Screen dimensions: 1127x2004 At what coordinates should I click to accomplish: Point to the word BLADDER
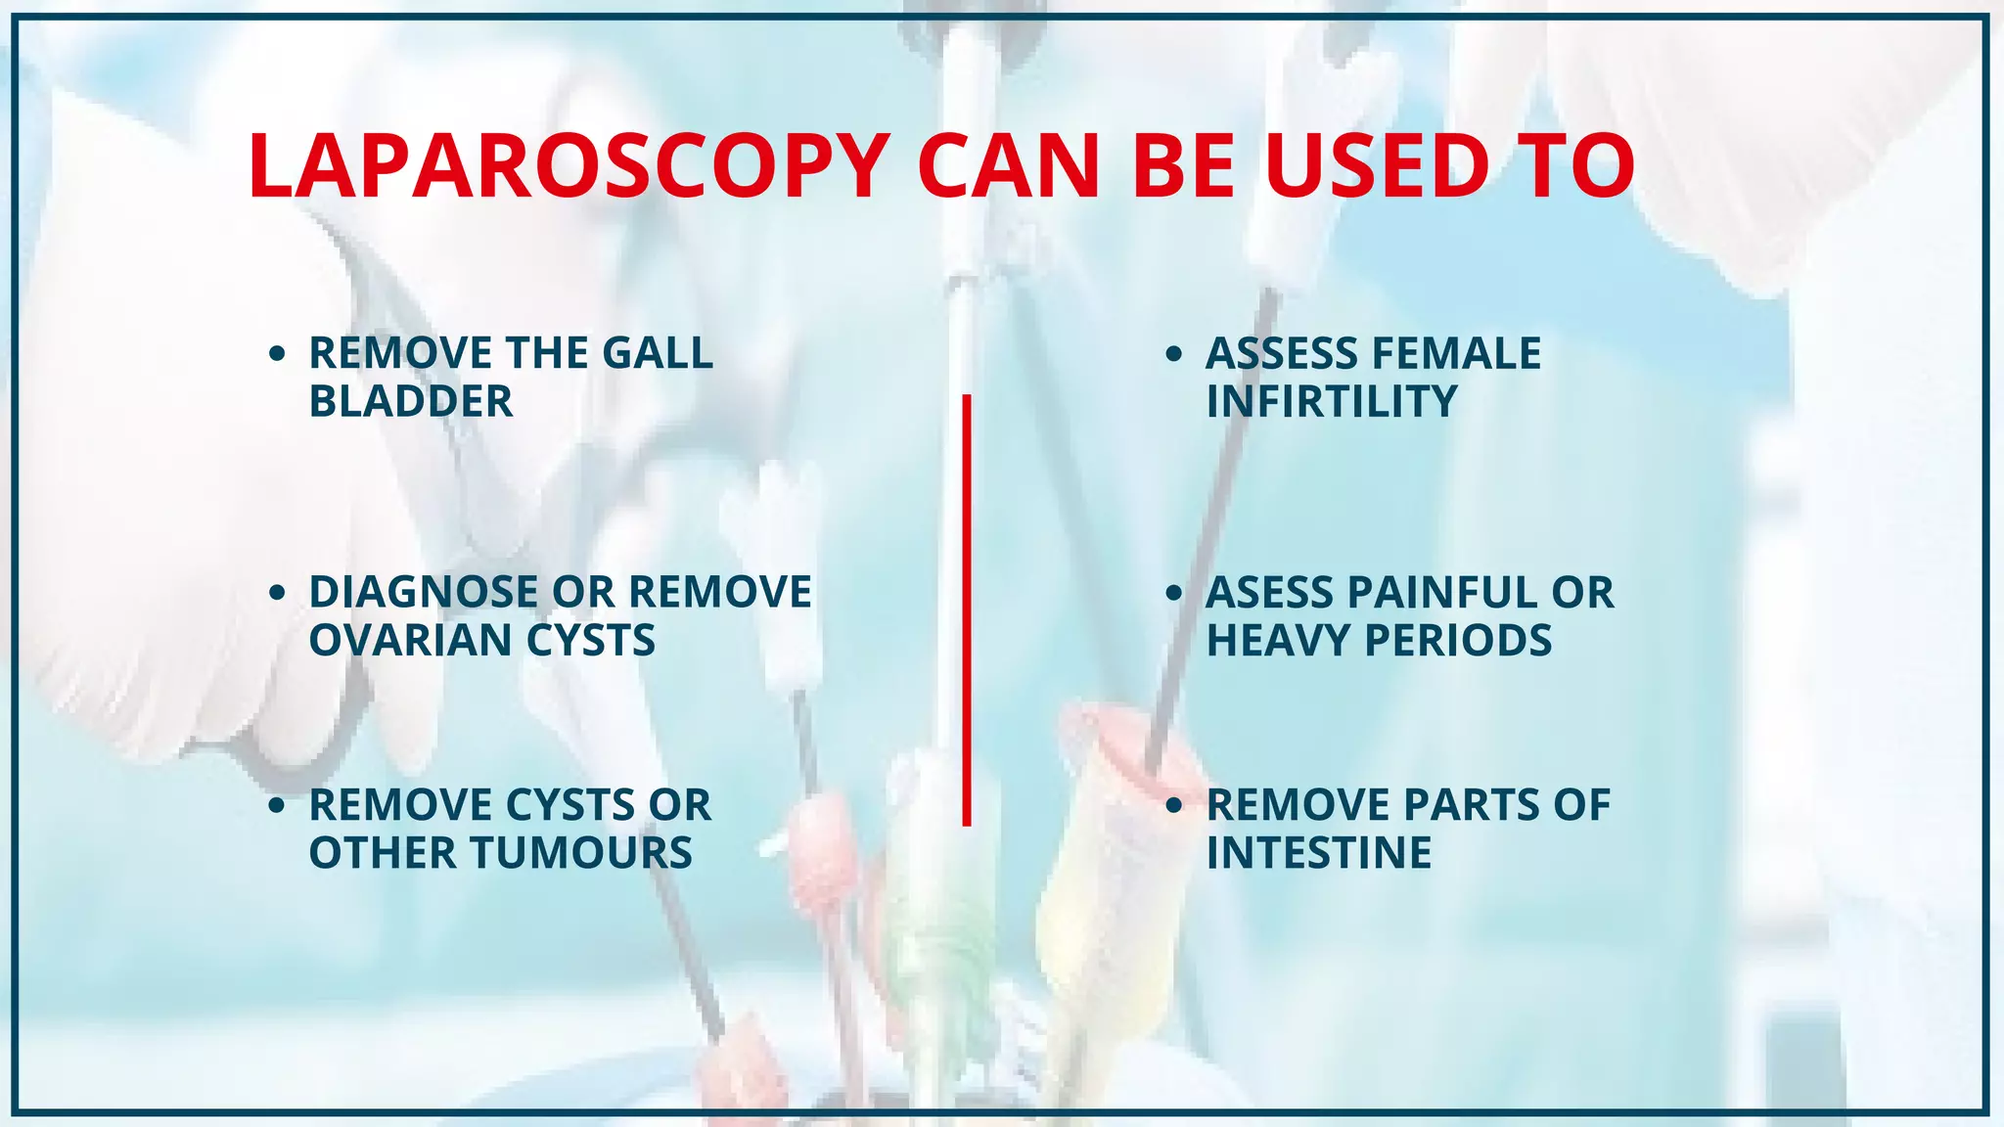coord(411,401)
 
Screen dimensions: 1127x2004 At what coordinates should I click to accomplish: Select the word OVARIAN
coord(410,640)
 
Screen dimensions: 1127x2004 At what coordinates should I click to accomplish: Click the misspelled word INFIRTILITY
coord(1332,401)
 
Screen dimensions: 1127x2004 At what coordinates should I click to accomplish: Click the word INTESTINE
coord(1319,852)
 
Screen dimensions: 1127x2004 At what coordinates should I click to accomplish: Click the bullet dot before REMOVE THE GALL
coord(277,353)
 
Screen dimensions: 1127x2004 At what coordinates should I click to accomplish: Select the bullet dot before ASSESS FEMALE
coord(1174,353)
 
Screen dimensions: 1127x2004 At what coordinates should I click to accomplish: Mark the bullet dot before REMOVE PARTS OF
coord(1174,805)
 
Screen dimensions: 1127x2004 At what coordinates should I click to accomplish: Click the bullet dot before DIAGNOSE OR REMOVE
coord(277,592)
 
